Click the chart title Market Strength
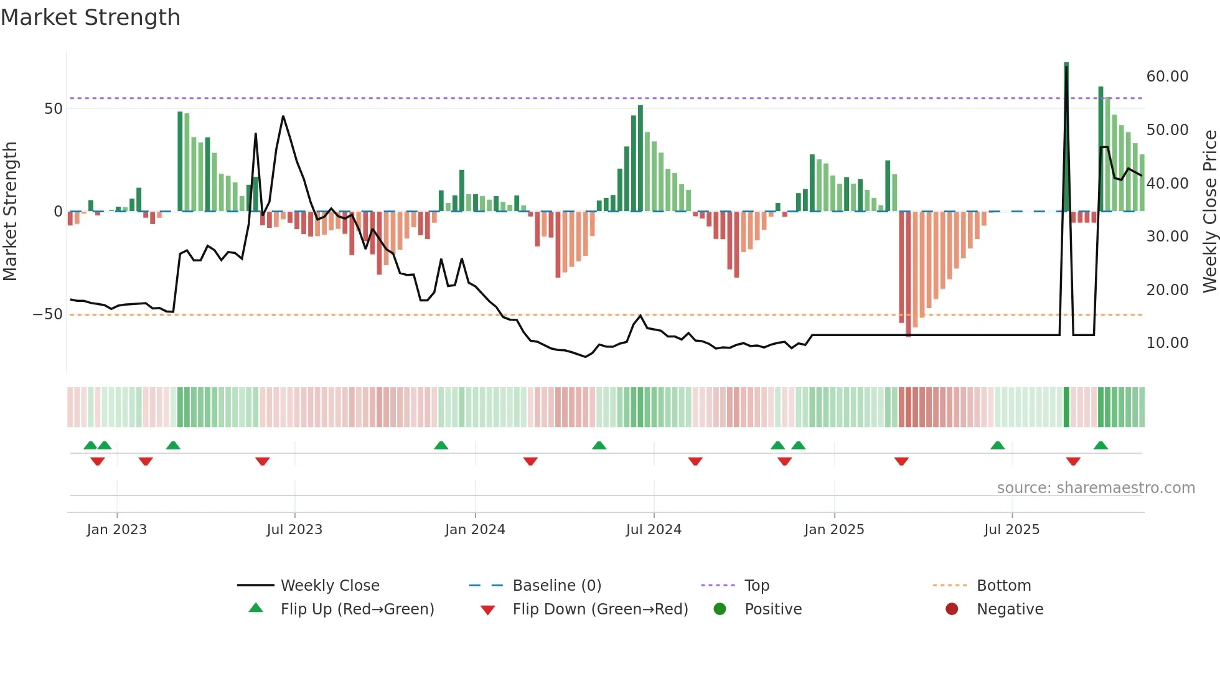coord(90,17)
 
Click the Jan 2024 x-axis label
coord(475,530)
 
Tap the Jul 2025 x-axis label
coord(1011,530)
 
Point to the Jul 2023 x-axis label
coord(294,530)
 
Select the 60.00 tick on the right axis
coord(1167,77)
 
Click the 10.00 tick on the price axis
coord(1167,343)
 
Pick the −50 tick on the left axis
coord(48,314)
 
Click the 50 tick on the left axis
coord(54,109)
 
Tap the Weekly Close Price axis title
coord(1209,212)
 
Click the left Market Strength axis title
coord(11,212)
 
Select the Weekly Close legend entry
coord(329,586)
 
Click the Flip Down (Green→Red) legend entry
coord(600,609)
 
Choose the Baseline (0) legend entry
coord(556,586)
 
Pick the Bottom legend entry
coord(1003,586)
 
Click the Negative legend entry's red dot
coord(952,609)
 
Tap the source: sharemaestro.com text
coord(1096,488)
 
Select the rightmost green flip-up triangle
coord(1100,446)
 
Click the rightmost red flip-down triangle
coord(1073,461)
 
